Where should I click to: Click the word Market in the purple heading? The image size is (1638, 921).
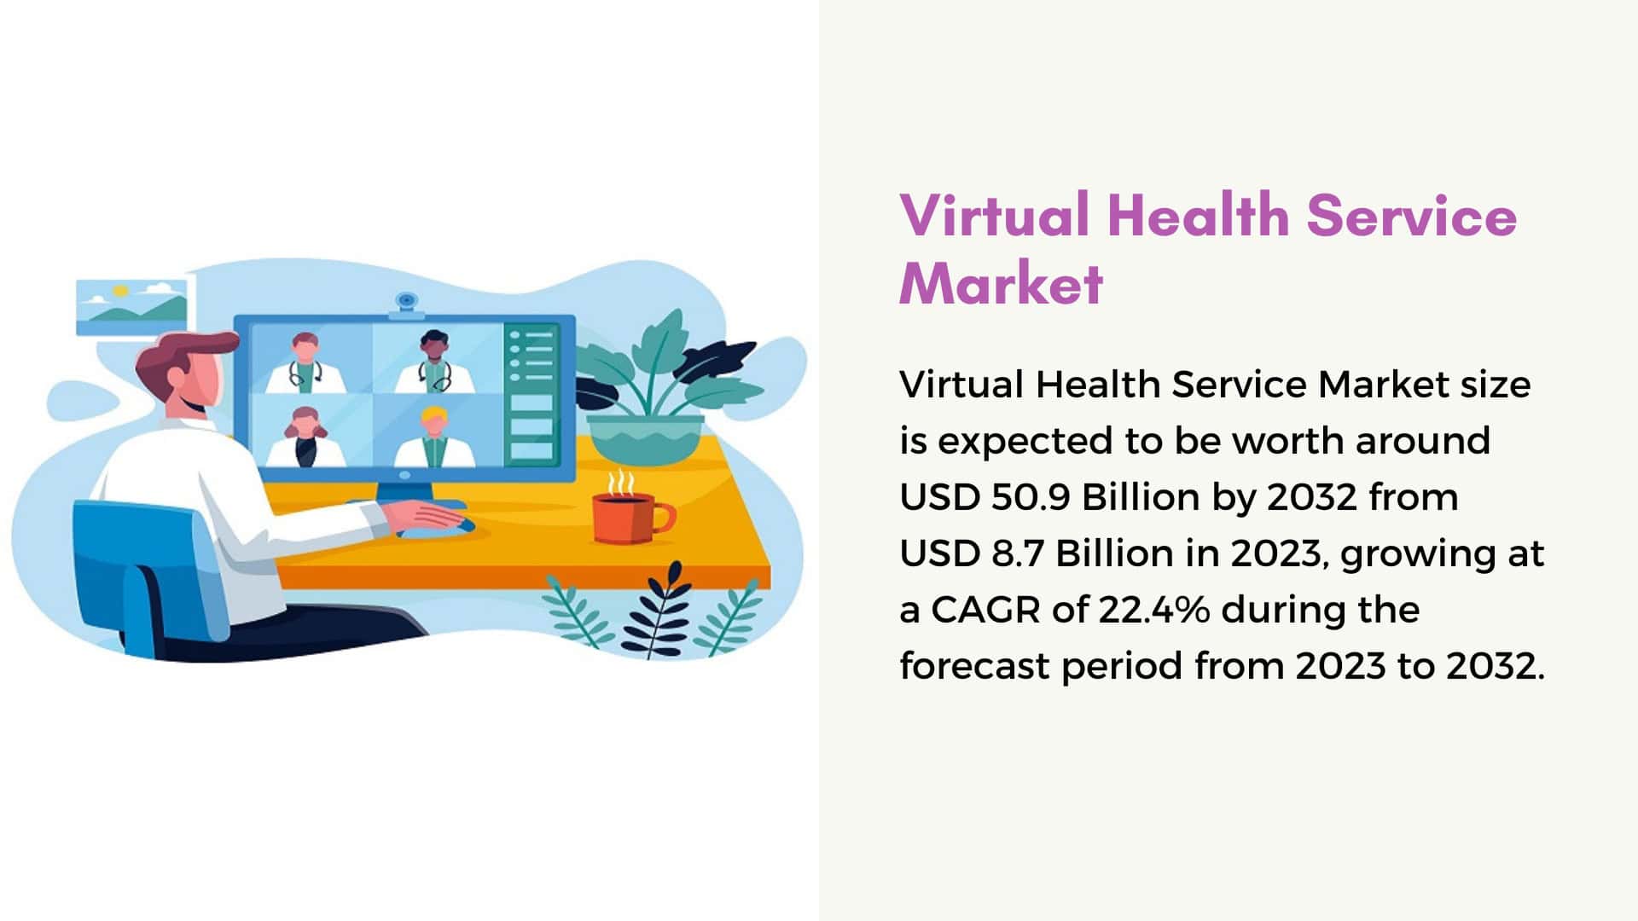1001,283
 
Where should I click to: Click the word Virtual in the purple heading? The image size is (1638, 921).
995,215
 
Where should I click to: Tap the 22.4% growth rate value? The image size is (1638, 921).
1153,610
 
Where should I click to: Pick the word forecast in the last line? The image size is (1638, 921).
974,666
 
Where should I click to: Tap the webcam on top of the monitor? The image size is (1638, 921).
406,304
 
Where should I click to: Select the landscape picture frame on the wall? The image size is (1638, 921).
131,307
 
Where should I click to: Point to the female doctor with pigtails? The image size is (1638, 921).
305,437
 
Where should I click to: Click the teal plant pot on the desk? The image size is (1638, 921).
645,438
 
